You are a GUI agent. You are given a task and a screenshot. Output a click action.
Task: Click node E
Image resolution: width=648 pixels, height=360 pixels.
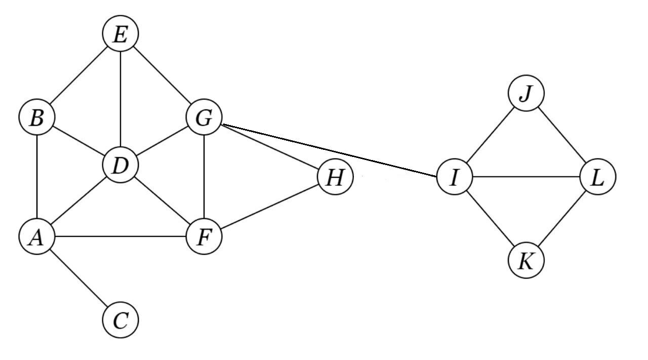point(120,34)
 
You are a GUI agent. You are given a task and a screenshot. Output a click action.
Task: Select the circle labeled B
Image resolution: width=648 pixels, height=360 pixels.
point(36,118)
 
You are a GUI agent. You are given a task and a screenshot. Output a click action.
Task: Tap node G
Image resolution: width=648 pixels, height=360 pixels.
point(204,118)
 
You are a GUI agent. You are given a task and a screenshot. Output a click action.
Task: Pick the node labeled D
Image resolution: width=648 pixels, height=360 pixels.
point(120,166)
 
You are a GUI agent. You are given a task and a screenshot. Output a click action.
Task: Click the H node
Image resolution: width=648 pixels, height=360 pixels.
point(335,177)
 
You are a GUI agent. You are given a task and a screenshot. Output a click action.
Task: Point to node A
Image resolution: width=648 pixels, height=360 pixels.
point(36,236)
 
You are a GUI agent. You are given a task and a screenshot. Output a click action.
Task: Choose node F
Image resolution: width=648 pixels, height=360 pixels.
point(204,236)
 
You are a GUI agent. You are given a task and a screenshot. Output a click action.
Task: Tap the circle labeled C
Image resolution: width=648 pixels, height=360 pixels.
point(120,320)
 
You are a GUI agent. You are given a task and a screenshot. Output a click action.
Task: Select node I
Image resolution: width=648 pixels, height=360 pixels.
point(454,177)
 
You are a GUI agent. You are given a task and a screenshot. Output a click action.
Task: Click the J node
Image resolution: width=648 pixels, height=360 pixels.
point(526,94)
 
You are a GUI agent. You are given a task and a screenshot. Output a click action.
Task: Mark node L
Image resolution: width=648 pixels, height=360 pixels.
point(598,177)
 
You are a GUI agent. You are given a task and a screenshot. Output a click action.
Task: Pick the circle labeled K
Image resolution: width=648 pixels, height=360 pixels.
point(526,261)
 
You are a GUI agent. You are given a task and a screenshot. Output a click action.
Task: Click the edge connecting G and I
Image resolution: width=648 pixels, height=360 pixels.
point(329,150)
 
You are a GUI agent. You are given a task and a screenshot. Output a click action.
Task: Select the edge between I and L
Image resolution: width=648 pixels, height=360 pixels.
point(526,177)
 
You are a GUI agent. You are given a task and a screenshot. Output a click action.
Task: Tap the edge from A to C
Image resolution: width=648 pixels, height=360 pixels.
point(78,278)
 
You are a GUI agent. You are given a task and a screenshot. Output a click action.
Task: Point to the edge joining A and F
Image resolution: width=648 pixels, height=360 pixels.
point(120,236)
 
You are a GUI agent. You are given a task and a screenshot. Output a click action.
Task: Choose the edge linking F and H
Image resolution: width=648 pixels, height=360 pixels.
point(269,207)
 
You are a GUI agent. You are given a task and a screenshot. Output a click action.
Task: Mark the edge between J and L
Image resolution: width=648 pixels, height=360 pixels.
point(562,136)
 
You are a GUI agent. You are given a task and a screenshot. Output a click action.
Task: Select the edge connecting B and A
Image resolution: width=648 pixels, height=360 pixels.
point(36,177)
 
